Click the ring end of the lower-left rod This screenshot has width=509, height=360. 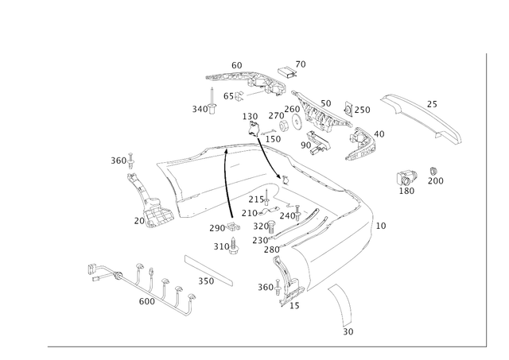pyautogui.click(x=98, y=272)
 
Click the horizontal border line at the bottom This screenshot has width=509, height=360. pyautogui.click(x=262, y=346)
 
